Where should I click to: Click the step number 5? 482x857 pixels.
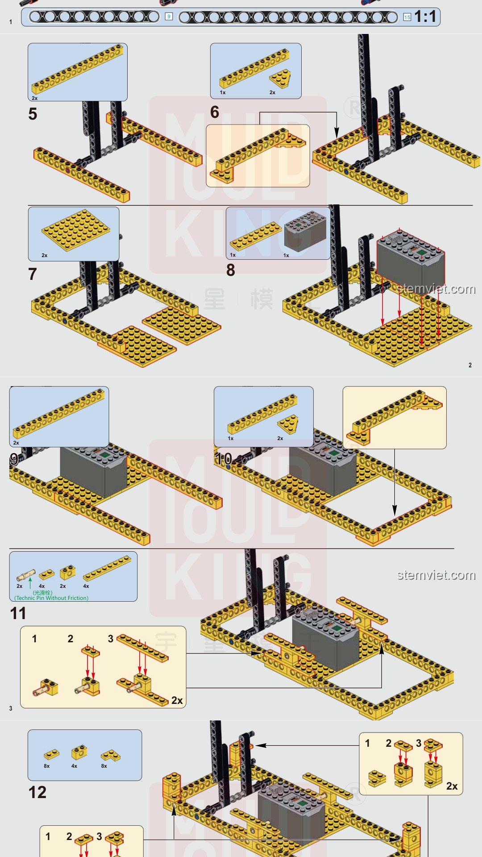(x=33, y=114)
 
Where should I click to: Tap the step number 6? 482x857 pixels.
(x=215, y=112)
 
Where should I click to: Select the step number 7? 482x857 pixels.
(x=33, y=274)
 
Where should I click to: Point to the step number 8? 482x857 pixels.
(x=231, y=270)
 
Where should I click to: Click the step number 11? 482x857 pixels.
(x=18, y=613)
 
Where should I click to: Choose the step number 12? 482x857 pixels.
(x=37, y=792)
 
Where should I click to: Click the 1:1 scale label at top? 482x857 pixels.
(x=425, y=17)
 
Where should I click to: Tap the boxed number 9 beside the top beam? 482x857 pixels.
(x=169, y=17)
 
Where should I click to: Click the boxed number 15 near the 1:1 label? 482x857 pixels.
(x=407, y=17)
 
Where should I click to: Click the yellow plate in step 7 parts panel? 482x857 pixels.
(x=76, y=230)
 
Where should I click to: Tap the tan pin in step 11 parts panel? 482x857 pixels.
(x=26, y=575)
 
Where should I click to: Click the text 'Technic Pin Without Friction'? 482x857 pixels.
(x=52, y=598)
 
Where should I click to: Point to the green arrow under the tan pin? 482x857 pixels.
(x=30, y=583)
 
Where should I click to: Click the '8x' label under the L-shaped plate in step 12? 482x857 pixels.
(x=104, y=766)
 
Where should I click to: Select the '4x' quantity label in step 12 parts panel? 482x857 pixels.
(x=74, y=766)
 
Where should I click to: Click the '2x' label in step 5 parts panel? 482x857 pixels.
(x=35, y=98)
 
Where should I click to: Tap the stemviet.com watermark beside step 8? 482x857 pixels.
(x=436, y=289)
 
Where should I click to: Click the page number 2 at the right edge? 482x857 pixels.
(x=470, y=365)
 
